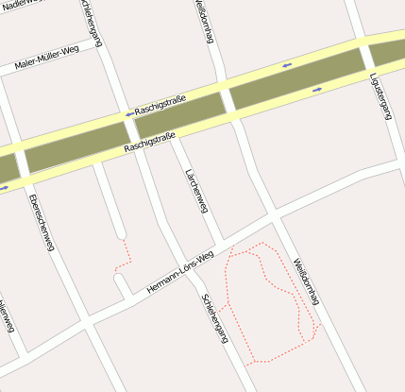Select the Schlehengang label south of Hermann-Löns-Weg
point(215,317)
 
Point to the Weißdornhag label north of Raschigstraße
point(203,21)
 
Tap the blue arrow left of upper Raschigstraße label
point(128,113)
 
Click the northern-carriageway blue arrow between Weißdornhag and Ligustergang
point(286,65)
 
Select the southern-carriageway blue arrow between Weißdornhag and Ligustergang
point(317,90)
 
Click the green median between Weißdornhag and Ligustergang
point(296,77)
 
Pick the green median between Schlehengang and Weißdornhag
point(179,112)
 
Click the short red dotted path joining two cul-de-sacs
point(122,254)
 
